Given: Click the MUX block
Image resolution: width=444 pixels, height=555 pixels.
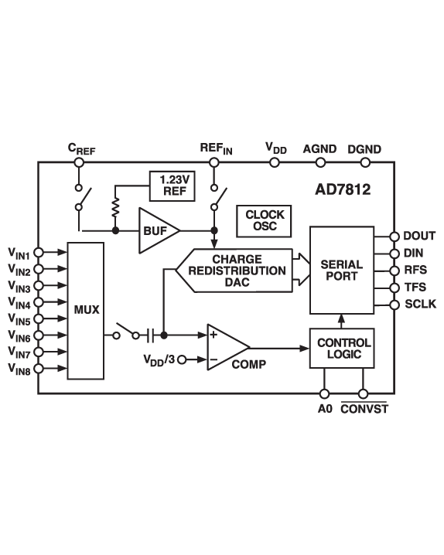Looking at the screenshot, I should [85, 310].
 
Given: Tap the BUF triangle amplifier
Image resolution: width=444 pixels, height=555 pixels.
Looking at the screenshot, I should [155, 230].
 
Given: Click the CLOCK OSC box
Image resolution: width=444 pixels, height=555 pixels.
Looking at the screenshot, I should [265, 220].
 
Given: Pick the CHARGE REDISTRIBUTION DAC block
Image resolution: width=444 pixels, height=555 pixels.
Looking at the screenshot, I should [237, 271].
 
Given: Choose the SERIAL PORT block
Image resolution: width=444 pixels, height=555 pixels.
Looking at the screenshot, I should [341, 271].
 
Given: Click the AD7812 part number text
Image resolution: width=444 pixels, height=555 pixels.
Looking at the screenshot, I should [343, 189].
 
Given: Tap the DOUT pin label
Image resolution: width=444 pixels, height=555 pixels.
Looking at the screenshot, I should [420, 237].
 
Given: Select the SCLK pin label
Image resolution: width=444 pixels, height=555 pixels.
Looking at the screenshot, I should [421, 305].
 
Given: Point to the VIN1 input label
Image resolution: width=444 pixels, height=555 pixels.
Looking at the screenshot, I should [19, 253].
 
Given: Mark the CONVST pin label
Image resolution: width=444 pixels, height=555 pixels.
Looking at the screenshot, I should [364, 409].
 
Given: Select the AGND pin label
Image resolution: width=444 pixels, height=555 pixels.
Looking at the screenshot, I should [319, 148].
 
